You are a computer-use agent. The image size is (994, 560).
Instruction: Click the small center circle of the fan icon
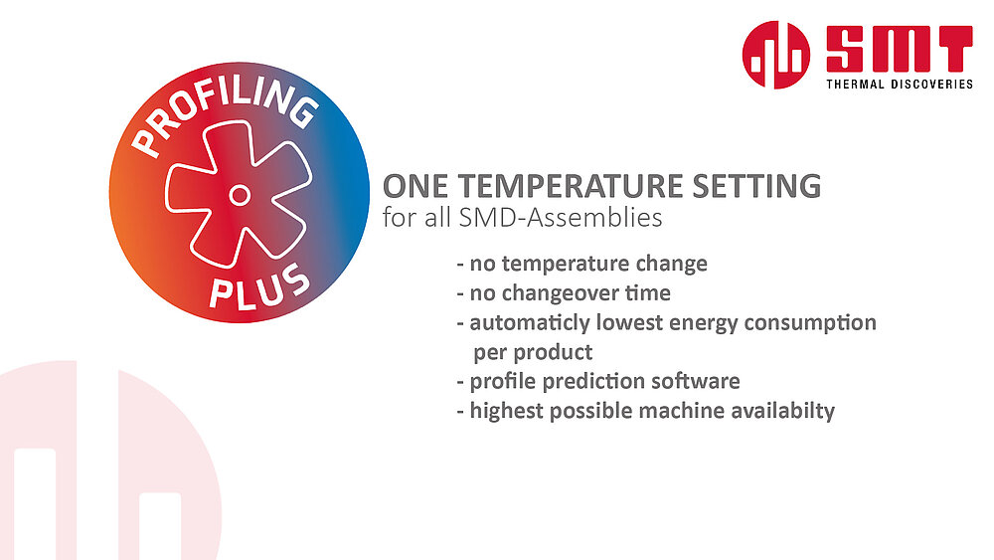239,195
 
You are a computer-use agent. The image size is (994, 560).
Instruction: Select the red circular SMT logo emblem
776,55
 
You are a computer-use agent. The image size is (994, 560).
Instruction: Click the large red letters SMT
899,49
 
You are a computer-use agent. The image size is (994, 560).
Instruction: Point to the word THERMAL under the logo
855,84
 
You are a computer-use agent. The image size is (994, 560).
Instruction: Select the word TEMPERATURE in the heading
571,186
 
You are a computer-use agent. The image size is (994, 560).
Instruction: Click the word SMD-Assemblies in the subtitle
561,218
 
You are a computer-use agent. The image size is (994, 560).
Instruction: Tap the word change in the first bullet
671,264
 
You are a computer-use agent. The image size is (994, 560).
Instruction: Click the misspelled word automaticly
530,323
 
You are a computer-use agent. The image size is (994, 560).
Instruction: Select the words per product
533,353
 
